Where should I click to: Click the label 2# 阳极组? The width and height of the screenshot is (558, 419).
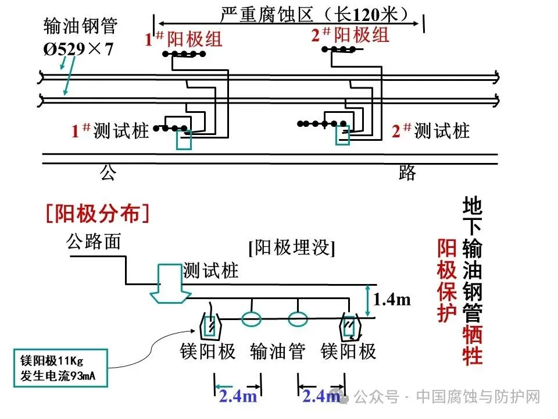(350, 35)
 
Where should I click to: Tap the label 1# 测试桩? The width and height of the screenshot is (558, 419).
(110, 131)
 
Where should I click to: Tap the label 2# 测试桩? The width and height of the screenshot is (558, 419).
(431, 131)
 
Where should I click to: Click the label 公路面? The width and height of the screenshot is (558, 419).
(94, 241)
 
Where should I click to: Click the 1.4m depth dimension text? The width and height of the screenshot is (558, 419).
(392, 300)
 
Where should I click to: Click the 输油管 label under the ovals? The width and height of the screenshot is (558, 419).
(278, 351)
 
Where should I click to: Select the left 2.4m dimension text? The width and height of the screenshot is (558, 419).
(238, 397)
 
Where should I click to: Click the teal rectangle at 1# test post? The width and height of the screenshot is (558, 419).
(184, 140)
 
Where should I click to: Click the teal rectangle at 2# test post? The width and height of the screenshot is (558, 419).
(342, 134)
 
